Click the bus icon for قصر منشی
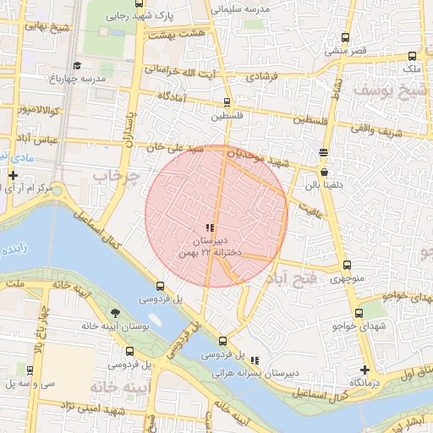tap(344, 38)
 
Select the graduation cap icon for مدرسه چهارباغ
tap(77, 65)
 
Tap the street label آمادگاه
tap(172, 96)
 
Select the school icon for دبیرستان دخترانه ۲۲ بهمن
tap(210, 227)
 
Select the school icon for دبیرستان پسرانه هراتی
tap(255, 360)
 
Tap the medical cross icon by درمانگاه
tap(364, 370)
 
